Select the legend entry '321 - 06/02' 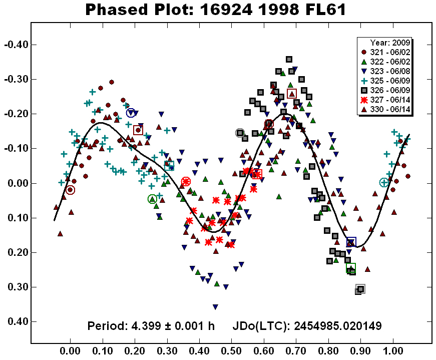pyautogui.click(x=387, y=52)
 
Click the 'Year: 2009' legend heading pyautogui.click(x=390, y=43)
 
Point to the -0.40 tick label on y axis pyautogui.click(x=15, y=45)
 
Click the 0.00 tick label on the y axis pyautogui.click(x=17, y=183)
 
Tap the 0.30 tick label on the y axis pyautogui.click(x=17, y=287)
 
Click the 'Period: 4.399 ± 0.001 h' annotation pyautogui.click(x=151, y=326)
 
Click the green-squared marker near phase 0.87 pyautogui.click(x=351, y=268)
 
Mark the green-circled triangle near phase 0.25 pyautogui.click(x=153, y=199)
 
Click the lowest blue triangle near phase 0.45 pyautogui.click(x=215, y=307)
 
